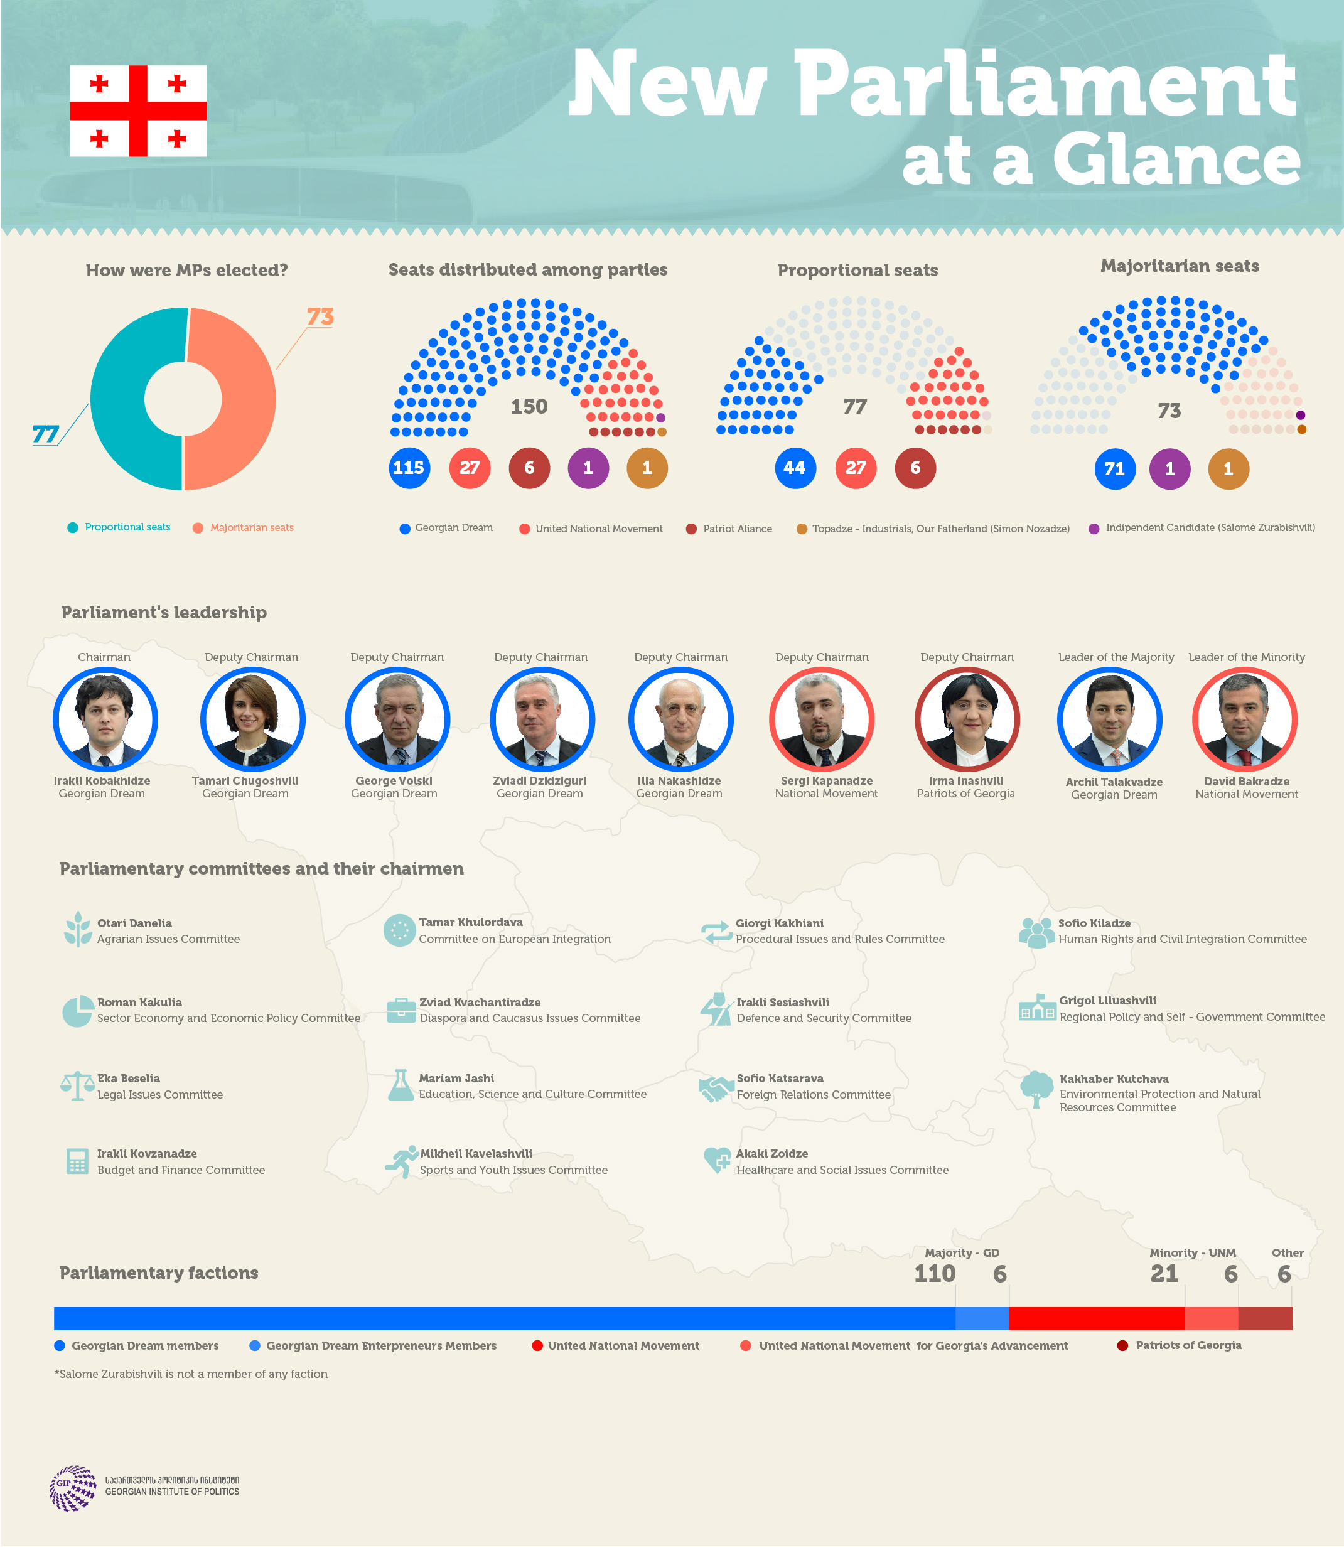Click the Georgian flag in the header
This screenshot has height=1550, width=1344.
138,111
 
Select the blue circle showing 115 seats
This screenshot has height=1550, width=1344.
409,468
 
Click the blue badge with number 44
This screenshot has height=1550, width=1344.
795,468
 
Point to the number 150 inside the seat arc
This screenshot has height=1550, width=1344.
529,406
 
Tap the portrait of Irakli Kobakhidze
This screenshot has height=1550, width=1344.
105,719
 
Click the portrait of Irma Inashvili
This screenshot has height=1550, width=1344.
967,719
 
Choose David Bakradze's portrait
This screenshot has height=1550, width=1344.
1244,719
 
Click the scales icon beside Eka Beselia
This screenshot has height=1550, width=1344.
77,1085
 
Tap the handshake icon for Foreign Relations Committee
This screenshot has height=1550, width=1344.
716,1088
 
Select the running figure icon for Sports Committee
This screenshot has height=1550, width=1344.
401,1161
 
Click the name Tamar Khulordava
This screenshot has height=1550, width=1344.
471,922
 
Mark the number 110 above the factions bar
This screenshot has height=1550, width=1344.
935,1273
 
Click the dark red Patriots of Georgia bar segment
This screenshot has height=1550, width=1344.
1266,1318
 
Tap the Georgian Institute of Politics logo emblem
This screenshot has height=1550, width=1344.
73,1488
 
